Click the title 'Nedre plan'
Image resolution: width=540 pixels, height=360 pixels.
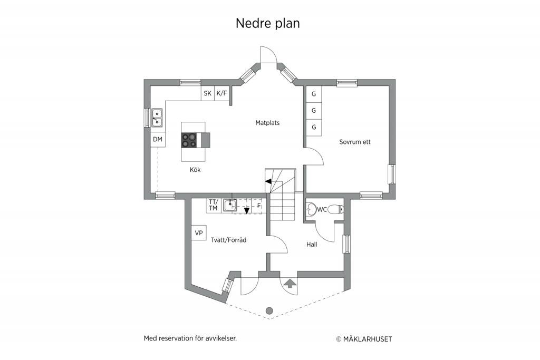(267, 23)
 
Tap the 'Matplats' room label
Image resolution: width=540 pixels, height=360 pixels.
(267, 122)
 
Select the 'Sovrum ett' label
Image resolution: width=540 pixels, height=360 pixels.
(355, 142)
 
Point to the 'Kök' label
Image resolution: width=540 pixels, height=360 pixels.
(195, 170)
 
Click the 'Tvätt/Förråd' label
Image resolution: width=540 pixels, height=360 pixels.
(229, 240)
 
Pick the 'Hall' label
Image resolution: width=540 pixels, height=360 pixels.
(312, 245)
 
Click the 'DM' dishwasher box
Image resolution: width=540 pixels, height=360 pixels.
(158, 139)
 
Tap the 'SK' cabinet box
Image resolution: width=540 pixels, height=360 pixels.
(208, 93)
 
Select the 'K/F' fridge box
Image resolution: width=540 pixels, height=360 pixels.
(222, 93)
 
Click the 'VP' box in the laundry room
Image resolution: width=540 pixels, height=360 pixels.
(199, 232)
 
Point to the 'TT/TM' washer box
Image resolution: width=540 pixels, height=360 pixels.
(214, 206)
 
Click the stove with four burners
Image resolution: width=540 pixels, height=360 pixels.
(189, 140)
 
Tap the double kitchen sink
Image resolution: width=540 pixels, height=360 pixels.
(157, 118)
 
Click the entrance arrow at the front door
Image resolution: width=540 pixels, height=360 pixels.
(291, 283)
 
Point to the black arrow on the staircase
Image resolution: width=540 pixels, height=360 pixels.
(268, 181)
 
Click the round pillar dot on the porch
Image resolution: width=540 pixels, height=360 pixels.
(269, 311)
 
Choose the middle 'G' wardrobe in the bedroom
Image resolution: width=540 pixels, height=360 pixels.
(314, 111)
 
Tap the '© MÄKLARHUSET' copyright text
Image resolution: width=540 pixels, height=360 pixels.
(364, 339)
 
